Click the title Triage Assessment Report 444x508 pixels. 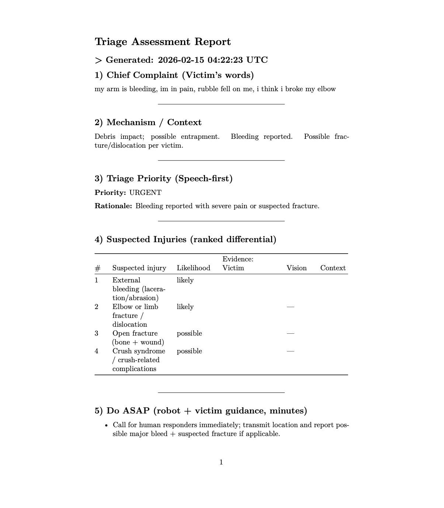[x=163, y=42]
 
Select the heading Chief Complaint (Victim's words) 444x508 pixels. [x=174, y=75]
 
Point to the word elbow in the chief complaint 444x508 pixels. [x=326, y=89]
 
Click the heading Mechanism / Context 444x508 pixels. [x=148, y=123]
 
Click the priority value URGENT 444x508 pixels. [x=145, y=193]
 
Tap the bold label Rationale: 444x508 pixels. [x=113, y=206]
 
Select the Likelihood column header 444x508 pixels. [x=193, y=268]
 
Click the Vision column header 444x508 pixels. [x=296, y=268]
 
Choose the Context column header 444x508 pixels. [x=333, y=268]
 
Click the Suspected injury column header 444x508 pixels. [x=139, y=268]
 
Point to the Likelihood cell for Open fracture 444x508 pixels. [x=189, y=333]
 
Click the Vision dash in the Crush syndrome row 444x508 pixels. [x=291, y=351]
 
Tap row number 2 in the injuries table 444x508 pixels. [x=97, y=307]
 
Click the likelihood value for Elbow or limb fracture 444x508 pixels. [x=185, y=307]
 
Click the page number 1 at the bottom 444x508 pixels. [x=221, y=462]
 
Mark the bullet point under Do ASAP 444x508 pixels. [x=107, y=425]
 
